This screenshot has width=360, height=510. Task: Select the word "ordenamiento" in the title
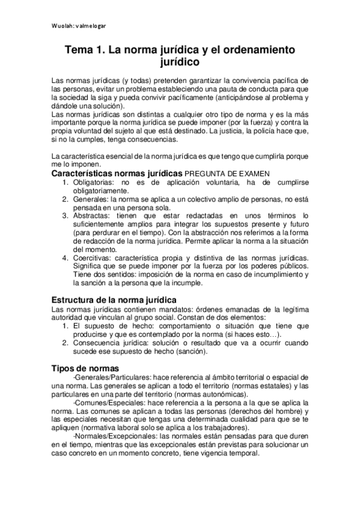(x=263, y=52)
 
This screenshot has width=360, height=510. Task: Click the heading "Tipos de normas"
(x=85, y=367)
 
